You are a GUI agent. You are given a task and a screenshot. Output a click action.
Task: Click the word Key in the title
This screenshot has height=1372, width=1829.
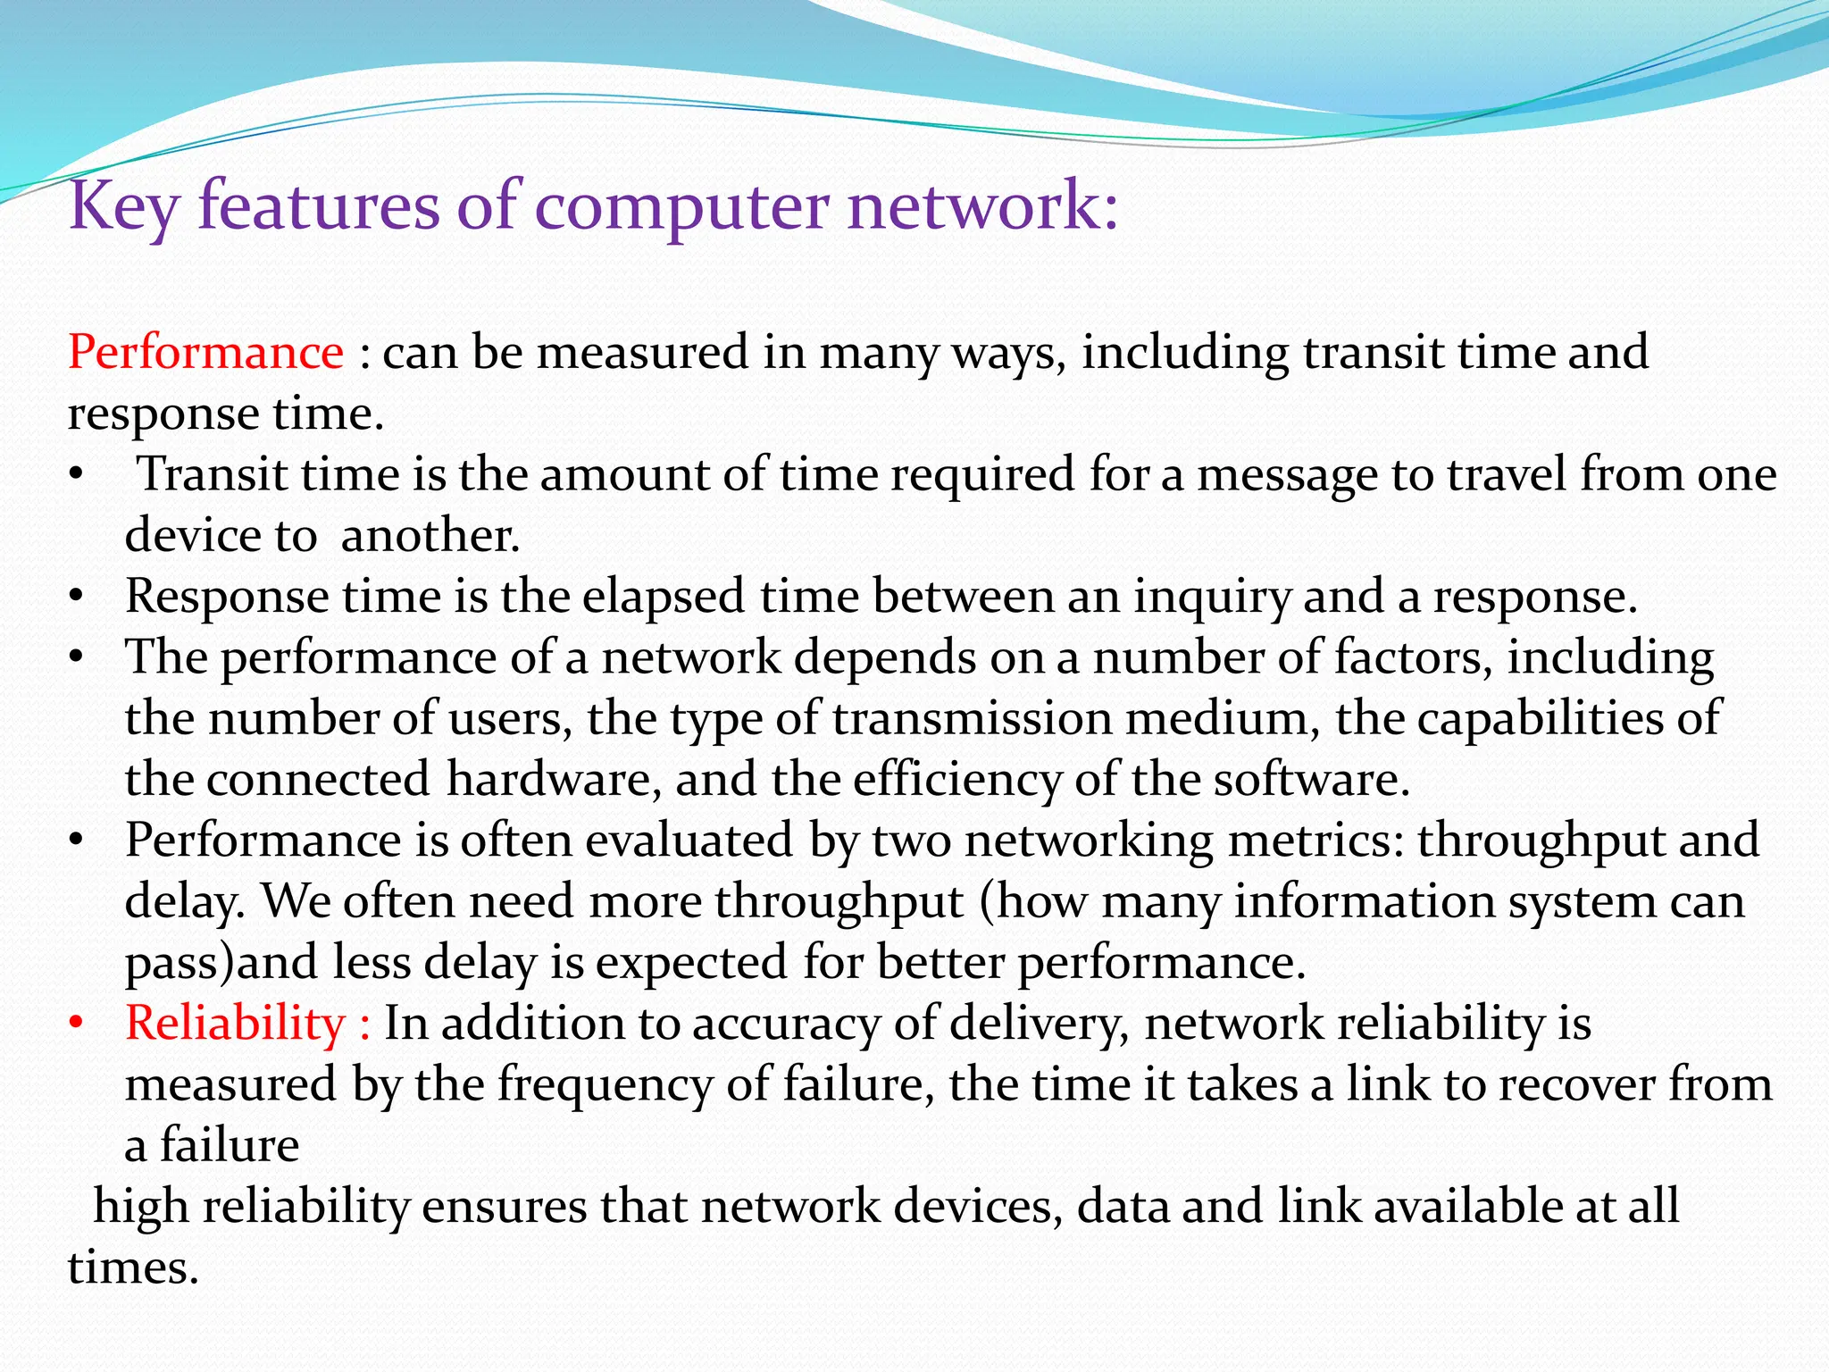click(x=123, y=207)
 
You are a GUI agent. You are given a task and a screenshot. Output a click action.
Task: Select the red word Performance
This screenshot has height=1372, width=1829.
click(x=205, y=352)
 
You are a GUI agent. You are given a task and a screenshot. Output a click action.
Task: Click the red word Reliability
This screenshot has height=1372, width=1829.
click(x=235, y=1024)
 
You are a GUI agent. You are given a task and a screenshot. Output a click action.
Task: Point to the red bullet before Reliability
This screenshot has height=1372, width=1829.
click(x=77, y=1024)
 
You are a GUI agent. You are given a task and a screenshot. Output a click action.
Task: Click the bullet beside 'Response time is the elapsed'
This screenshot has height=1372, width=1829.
click(x=77, y=597)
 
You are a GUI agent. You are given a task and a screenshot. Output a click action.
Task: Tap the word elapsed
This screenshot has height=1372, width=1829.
click(x=664, y=597)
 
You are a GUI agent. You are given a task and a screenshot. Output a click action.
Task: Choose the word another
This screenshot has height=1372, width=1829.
click(x=430, y=536)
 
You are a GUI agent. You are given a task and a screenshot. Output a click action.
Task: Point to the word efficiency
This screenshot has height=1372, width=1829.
click(x=956, y=779)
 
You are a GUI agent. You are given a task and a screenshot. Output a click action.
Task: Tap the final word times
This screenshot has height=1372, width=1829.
click(x=133, y=1267)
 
